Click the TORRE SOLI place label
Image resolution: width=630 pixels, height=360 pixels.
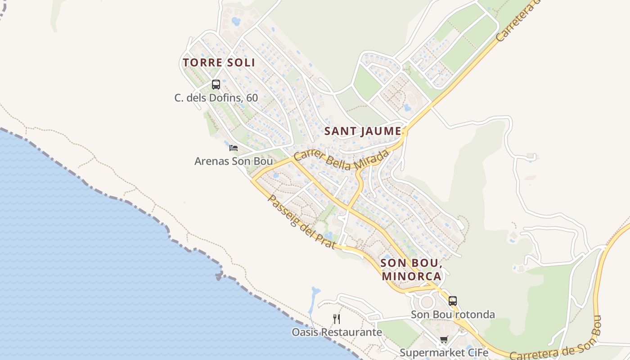219,63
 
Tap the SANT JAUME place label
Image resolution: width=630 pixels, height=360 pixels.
363,131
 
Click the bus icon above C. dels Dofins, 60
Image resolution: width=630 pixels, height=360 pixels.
216,84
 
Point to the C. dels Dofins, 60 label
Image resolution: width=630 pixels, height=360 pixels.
216,98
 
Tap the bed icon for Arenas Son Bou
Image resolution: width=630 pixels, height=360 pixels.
233,148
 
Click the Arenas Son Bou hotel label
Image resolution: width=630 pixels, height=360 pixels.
234,161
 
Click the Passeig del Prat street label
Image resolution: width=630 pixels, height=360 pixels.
301,221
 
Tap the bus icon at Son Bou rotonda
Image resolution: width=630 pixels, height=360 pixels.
453,301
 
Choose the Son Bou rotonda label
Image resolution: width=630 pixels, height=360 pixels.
453,315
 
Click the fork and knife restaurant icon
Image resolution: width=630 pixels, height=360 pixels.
337,319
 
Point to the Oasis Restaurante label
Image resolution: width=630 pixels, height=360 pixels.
337,333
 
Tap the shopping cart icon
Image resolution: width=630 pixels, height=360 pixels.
444,339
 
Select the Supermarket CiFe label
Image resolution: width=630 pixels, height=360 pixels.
444,353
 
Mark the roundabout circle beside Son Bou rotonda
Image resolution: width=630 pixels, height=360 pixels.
427,302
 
